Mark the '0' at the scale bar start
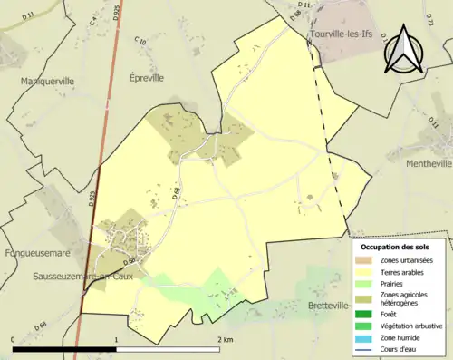coord(13,338)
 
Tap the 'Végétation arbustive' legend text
coord(409,326)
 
